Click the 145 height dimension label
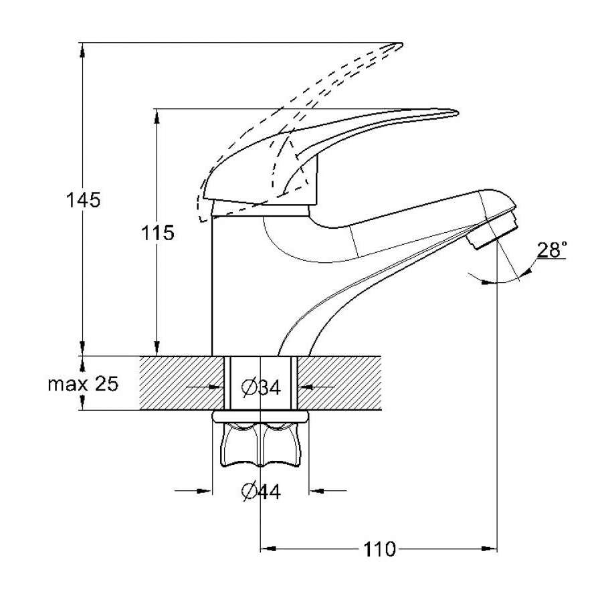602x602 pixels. pos(83,200)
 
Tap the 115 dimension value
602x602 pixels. pos(157,233)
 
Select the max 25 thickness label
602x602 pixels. pos(83,383)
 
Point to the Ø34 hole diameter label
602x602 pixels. pos(261,387)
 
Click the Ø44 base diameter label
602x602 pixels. pos(261,491)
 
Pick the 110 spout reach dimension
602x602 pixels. pos(379,549)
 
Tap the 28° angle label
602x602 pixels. pos(552,250)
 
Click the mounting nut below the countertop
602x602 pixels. pos(260,445)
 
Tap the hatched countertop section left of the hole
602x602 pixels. pos(181,383)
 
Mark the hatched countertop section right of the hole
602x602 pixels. pos(339,383)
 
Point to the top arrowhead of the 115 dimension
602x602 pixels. pos(157,116)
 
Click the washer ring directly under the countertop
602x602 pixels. pos(260,417)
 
